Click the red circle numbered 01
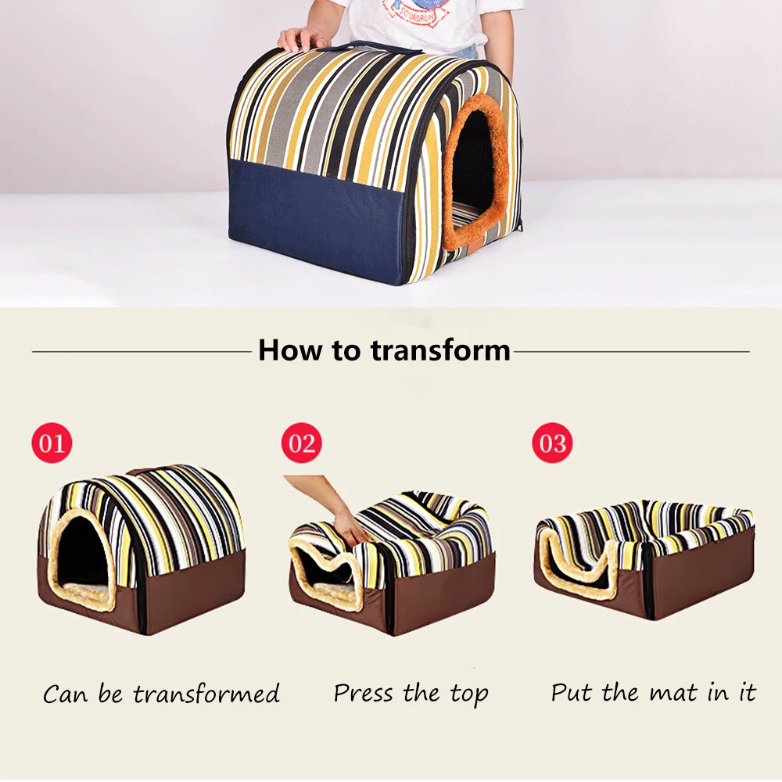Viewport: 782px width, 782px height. [x=52, y=443]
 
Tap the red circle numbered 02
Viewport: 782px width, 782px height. [x=302, y=443]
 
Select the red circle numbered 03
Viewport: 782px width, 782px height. [x=553, y=443]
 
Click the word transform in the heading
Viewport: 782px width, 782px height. [x=440, y=350]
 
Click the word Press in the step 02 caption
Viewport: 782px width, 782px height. [x=364, y=693]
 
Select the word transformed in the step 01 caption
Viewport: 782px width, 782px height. [x=206, y=694]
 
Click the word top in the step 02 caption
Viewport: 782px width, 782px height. [x=469, y=694]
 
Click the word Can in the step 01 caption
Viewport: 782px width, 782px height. [x=65, y=694]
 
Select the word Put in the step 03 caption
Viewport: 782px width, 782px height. [x=572, y=693]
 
